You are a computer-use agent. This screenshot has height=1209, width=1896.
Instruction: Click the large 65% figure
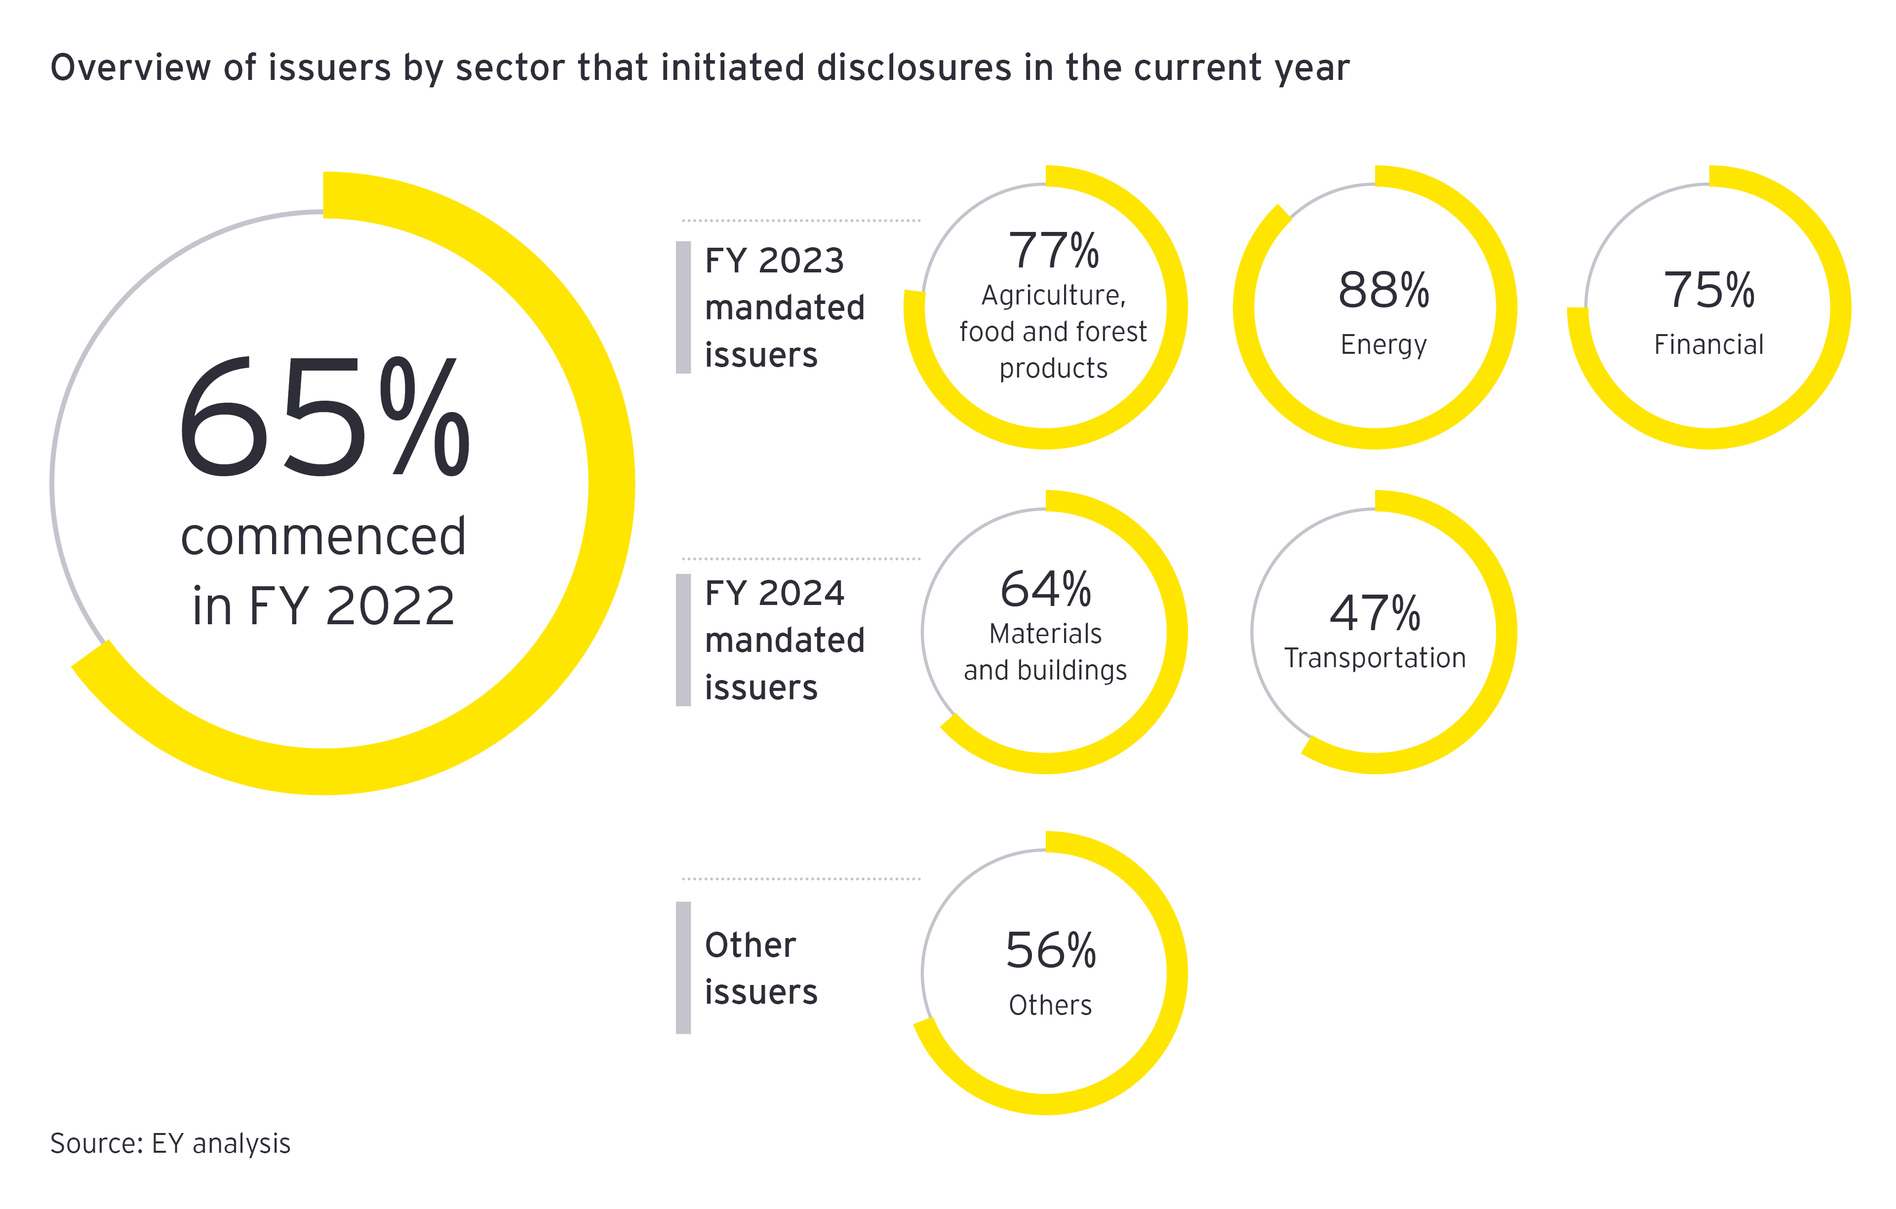pos(323,417)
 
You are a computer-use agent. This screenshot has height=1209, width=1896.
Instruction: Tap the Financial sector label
pos(1708,345)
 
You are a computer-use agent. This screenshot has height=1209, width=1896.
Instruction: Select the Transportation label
pos(1375,658)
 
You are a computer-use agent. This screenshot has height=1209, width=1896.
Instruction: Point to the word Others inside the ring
pos(1050,1005)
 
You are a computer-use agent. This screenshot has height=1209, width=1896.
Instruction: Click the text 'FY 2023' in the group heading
pos(774,261)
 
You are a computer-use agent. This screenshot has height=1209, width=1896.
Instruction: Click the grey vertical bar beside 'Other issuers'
pos(683,967)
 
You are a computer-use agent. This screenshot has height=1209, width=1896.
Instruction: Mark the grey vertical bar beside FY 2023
pos(683,307)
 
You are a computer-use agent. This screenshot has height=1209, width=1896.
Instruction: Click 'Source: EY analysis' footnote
pos(170,1143)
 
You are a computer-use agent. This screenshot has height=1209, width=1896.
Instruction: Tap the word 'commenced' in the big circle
pos(323,537)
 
